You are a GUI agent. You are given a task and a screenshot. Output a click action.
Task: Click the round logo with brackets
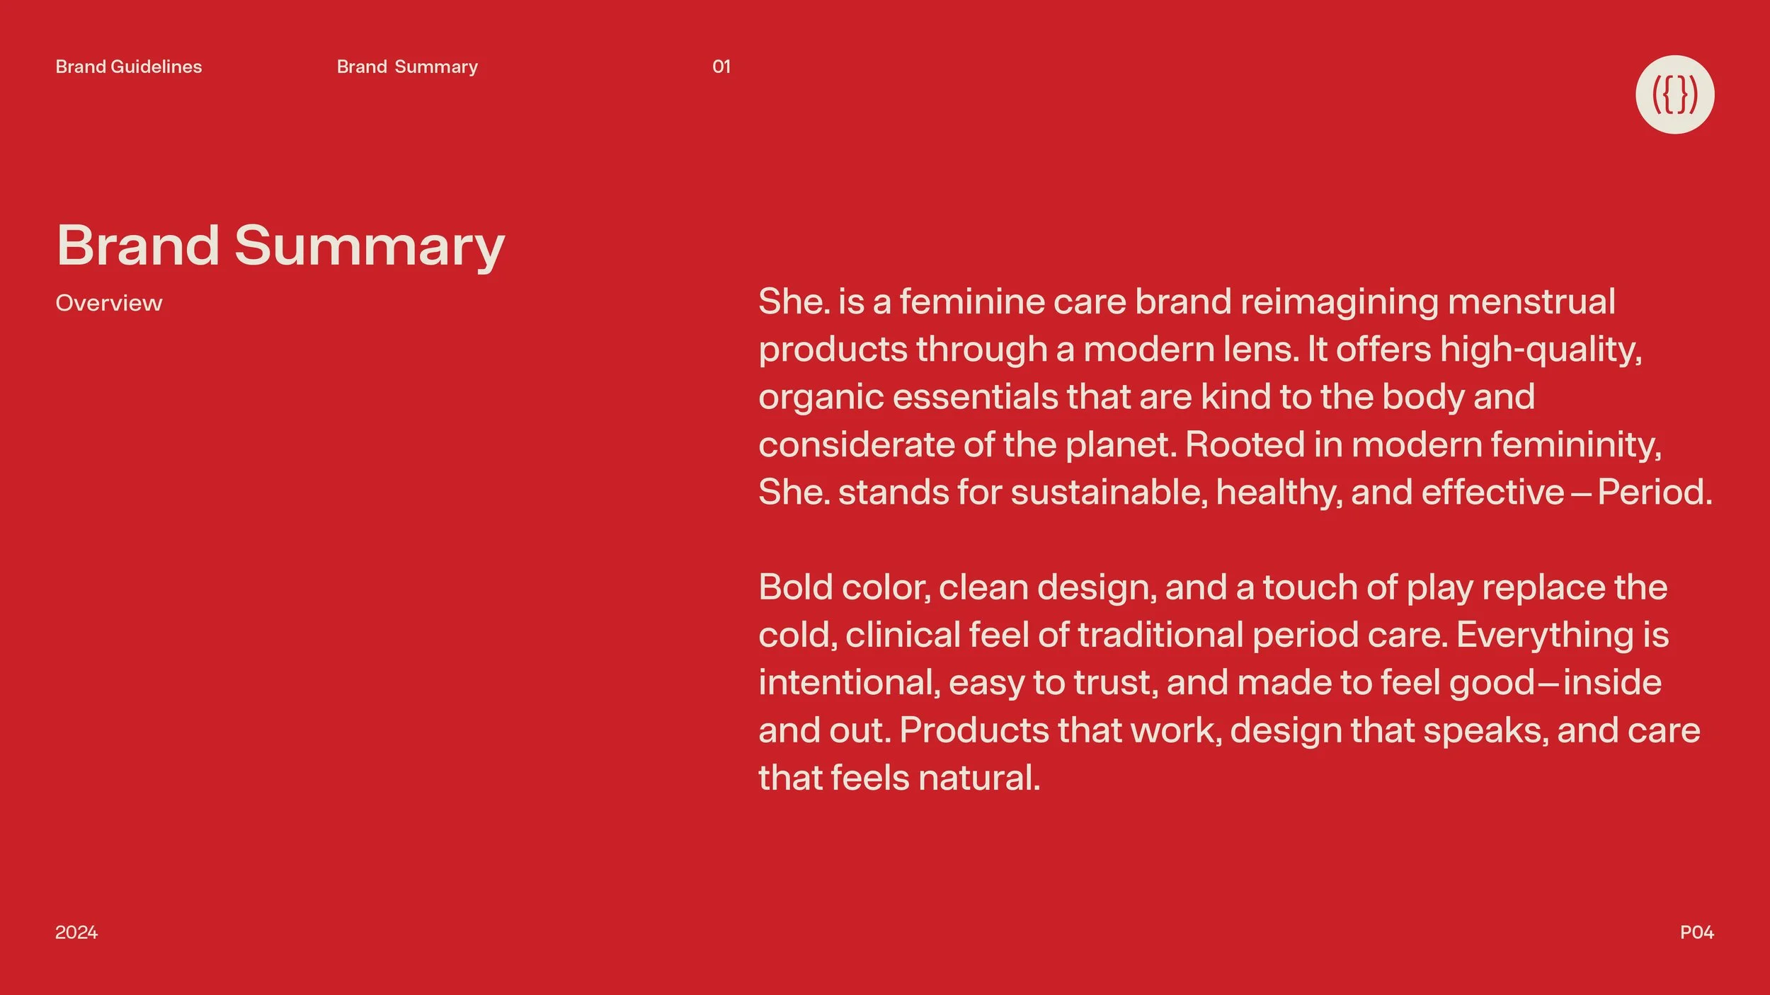[1674, 94]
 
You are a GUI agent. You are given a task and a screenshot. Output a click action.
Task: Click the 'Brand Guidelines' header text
[129, 67]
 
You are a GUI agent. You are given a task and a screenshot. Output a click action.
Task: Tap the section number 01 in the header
[721, 67]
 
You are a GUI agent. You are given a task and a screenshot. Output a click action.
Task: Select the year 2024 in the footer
[76, 932]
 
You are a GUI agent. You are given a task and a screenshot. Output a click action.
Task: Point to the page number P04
[1696, 932]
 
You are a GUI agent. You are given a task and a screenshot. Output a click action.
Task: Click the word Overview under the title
[109, 303]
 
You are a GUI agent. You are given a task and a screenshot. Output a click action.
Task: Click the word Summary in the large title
[369, 246]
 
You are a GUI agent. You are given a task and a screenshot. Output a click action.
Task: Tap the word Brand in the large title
[138, 246]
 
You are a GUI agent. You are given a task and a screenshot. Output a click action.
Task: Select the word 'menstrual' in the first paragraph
[1531, 301]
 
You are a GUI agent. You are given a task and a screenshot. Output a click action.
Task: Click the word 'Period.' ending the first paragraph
[1655, 492]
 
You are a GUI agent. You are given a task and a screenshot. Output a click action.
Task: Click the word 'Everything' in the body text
[1544, 635]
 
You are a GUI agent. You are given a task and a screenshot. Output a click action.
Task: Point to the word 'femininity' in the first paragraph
[1575, 445]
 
